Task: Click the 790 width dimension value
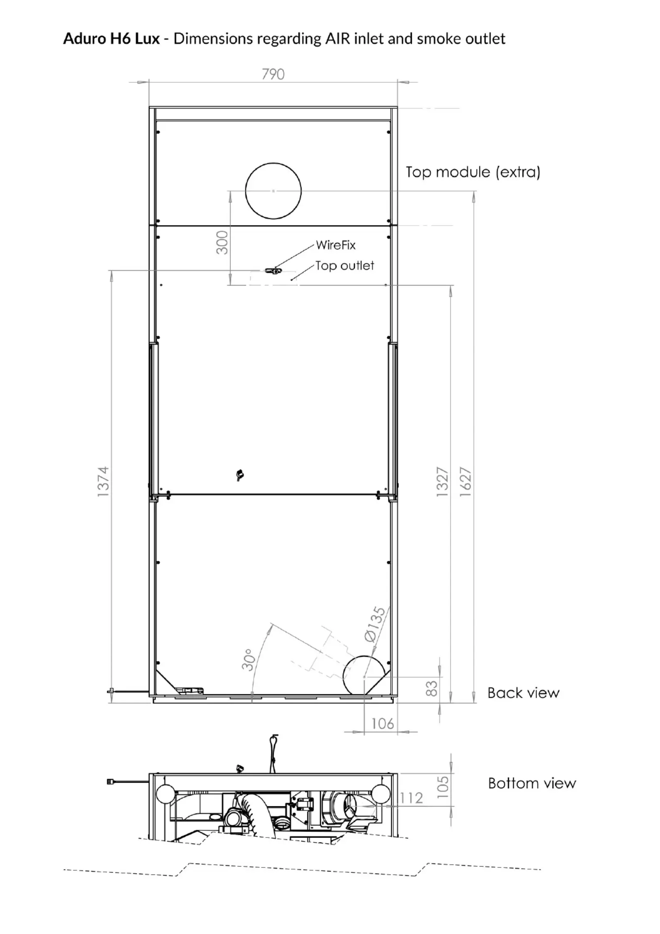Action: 273,74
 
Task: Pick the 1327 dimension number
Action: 442,482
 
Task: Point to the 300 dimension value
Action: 222,243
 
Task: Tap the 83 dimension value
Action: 432,689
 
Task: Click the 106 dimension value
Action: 383,724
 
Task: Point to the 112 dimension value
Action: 411,798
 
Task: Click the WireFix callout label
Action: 336,245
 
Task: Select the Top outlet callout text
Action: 345,265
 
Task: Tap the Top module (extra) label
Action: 473,172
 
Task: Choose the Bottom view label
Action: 532,783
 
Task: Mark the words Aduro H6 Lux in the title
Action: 111,39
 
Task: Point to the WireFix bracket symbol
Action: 273,271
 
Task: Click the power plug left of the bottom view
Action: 111,781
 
